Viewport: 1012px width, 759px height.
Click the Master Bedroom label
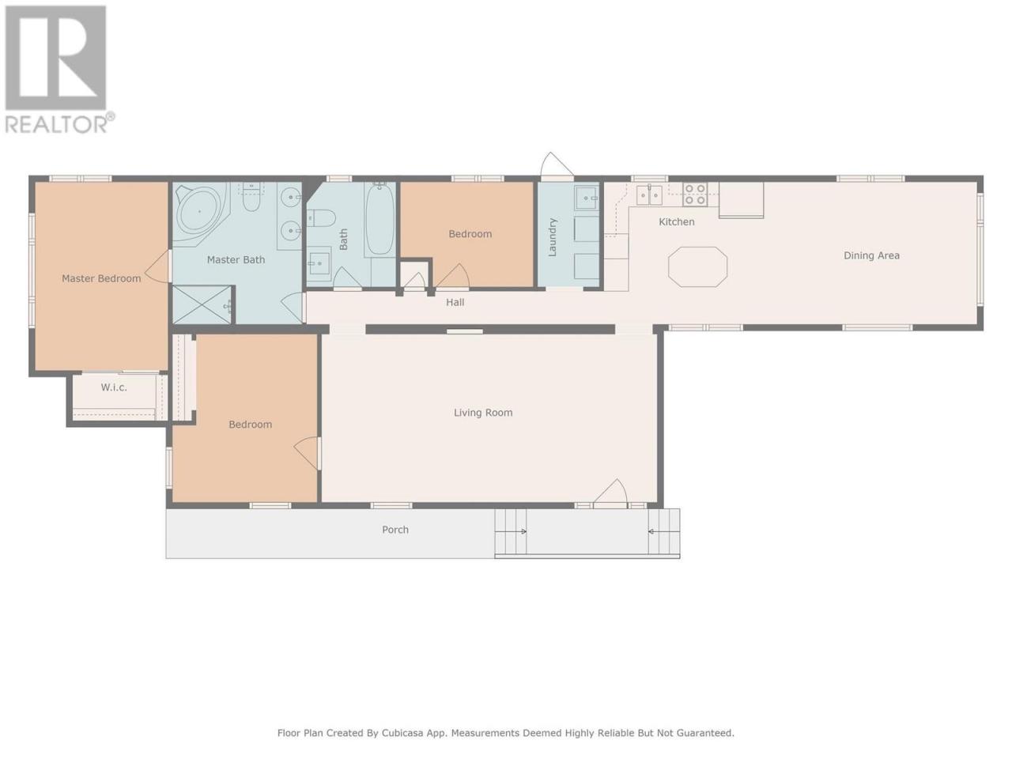coord(101,278)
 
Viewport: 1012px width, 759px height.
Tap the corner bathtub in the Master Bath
coord(201,210)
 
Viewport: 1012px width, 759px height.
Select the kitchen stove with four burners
coord(695,194)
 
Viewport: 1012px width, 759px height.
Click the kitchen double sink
coord(649,194)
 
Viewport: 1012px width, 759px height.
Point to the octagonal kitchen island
coord(697,266)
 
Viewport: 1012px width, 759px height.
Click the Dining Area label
coord(871,255)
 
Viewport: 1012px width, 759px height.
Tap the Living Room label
coord(483,413)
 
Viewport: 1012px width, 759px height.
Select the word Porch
coord(395,530)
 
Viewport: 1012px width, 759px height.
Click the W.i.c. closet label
coord(114,387)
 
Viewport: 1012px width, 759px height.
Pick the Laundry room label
coord(553,237)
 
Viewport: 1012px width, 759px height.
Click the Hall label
coord(455,302)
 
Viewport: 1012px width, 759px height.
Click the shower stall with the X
coord(202,304)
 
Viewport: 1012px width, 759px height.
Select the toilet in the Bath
coord(321,217)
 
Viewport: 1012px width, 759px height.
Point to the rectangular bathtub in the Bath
coord(379,219)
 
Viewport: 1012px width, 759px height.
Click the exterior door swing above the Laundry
coord(557,164)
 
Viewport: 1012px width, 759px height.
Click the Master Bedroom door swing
coord(157,266)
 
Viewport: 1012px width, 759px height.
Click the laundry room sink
coord(587,198)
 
